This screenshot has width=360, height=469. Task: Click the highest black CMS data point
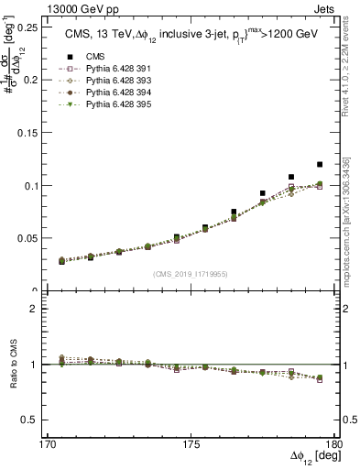[320, 165]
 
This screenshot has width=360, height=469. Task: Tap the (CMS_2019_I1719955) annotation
[191, 273]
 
